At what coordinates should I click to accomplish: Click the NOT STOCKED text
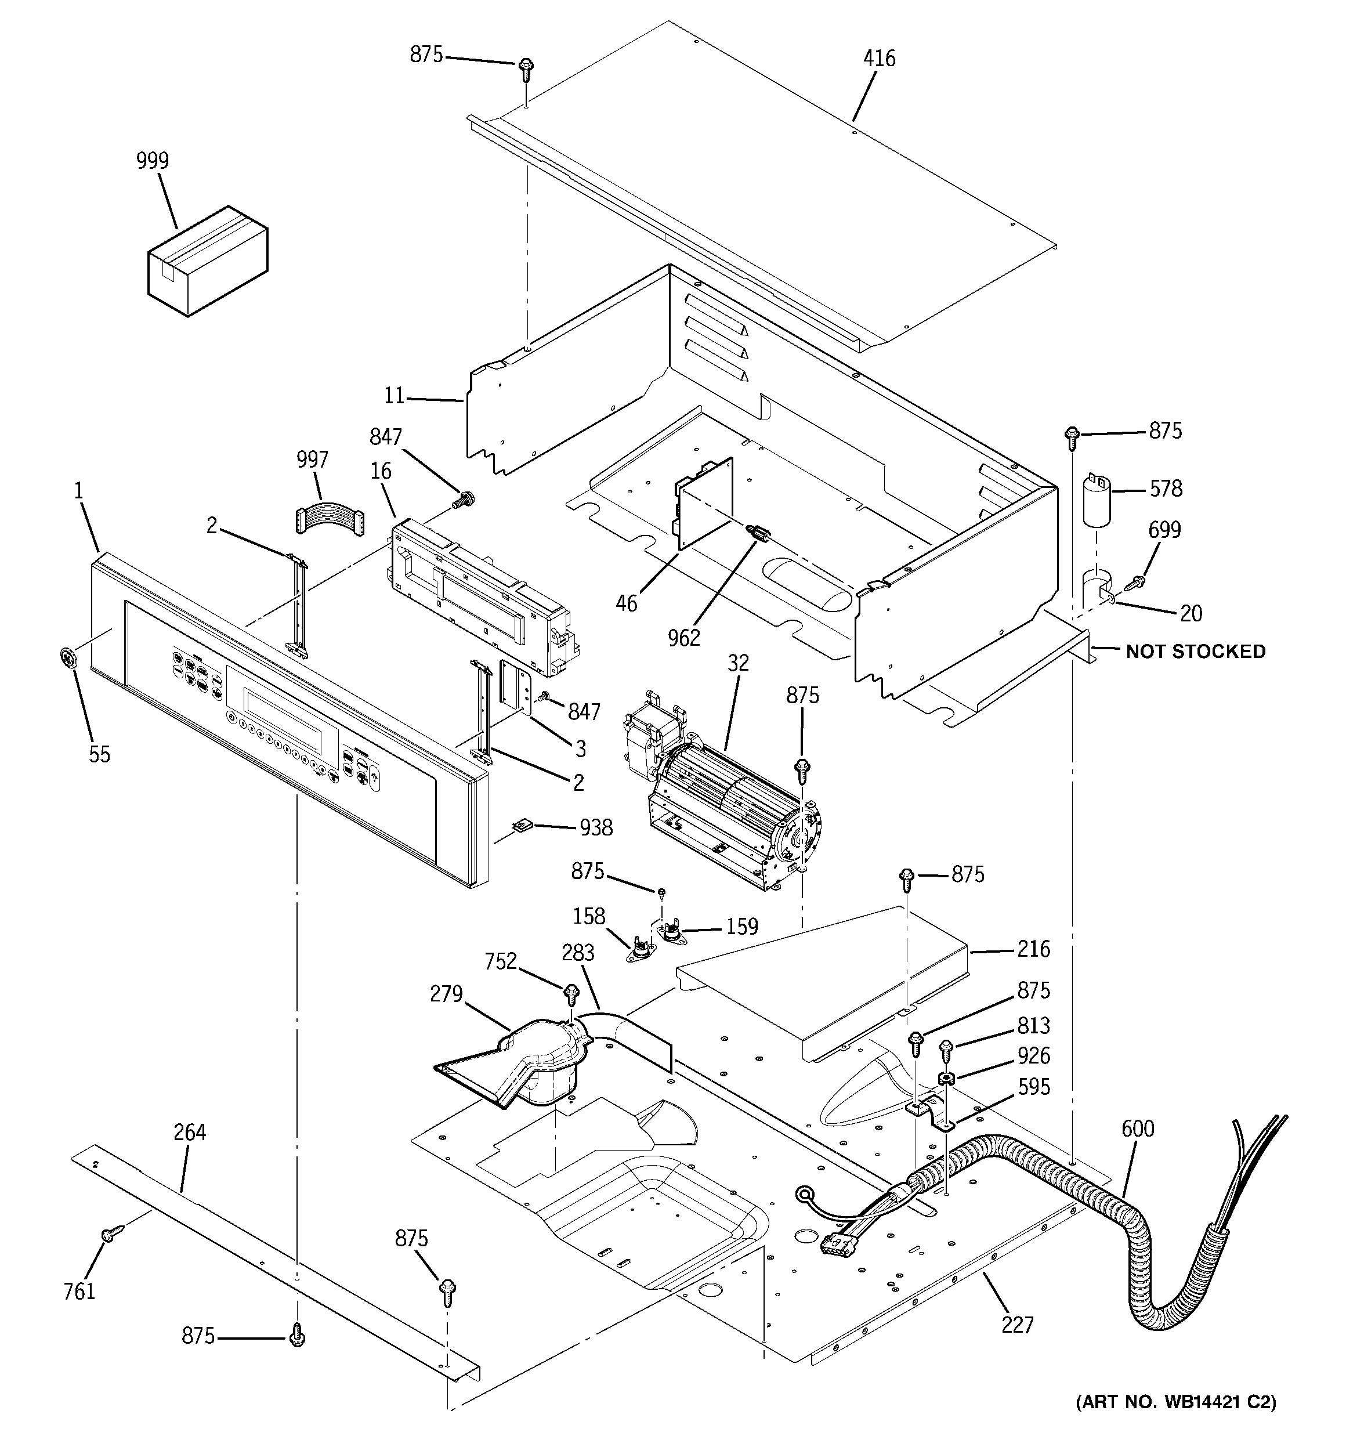pos(1195,652)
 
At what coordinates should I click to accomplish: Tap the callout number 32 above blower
pos(737,663)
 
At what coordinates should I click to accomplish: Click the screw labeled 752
pos(571,994)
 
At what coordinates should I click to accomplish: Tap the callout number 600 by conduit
pos(1138,1128)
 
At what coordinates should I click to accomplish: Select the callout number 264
pos(190,1133)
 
